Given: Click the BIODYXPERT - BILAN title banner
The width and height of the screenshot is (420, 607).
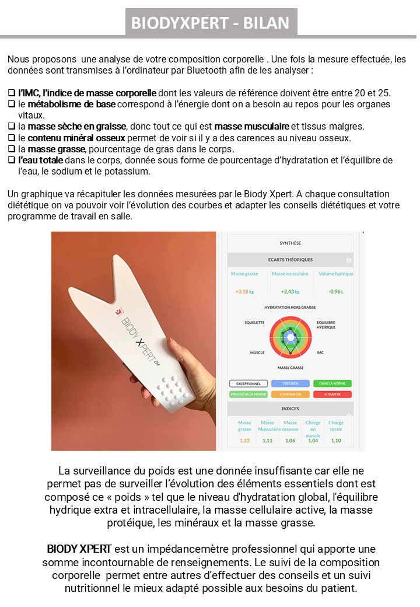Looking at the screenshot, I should pos(210,22).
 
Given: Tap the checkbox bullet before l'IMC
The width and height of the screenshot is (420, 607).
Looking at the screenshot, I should pos(12,93).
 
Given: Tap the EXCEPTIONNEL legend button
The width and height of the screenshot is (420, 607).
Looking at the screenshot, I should pos(248,383).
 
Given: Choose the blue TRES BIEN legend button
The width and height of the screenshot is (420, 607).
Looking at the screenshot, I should pos(290,383).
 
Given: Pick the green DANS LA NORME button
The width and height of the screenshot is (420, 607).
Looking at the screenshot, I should pos(332,383).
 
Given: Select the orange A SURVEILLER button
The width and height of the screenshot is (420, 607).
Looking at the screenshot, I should pos(290,395).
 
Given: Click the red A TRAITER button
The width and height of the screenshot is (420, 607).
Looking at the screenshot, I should pos(332,395).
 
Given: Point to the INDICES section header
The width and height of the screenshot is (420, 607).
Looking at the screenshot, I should pos(290,409).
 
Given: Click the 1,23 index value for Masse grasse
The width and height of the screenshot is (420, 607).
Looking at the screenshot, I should pos(244,441).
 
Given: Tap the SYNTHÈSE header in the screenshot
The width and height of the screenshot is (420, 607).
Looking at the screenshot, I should pos(290,243).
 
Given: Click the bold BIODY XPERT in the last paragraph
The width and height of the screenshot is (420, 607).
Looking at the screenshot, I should pos(79,550).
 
